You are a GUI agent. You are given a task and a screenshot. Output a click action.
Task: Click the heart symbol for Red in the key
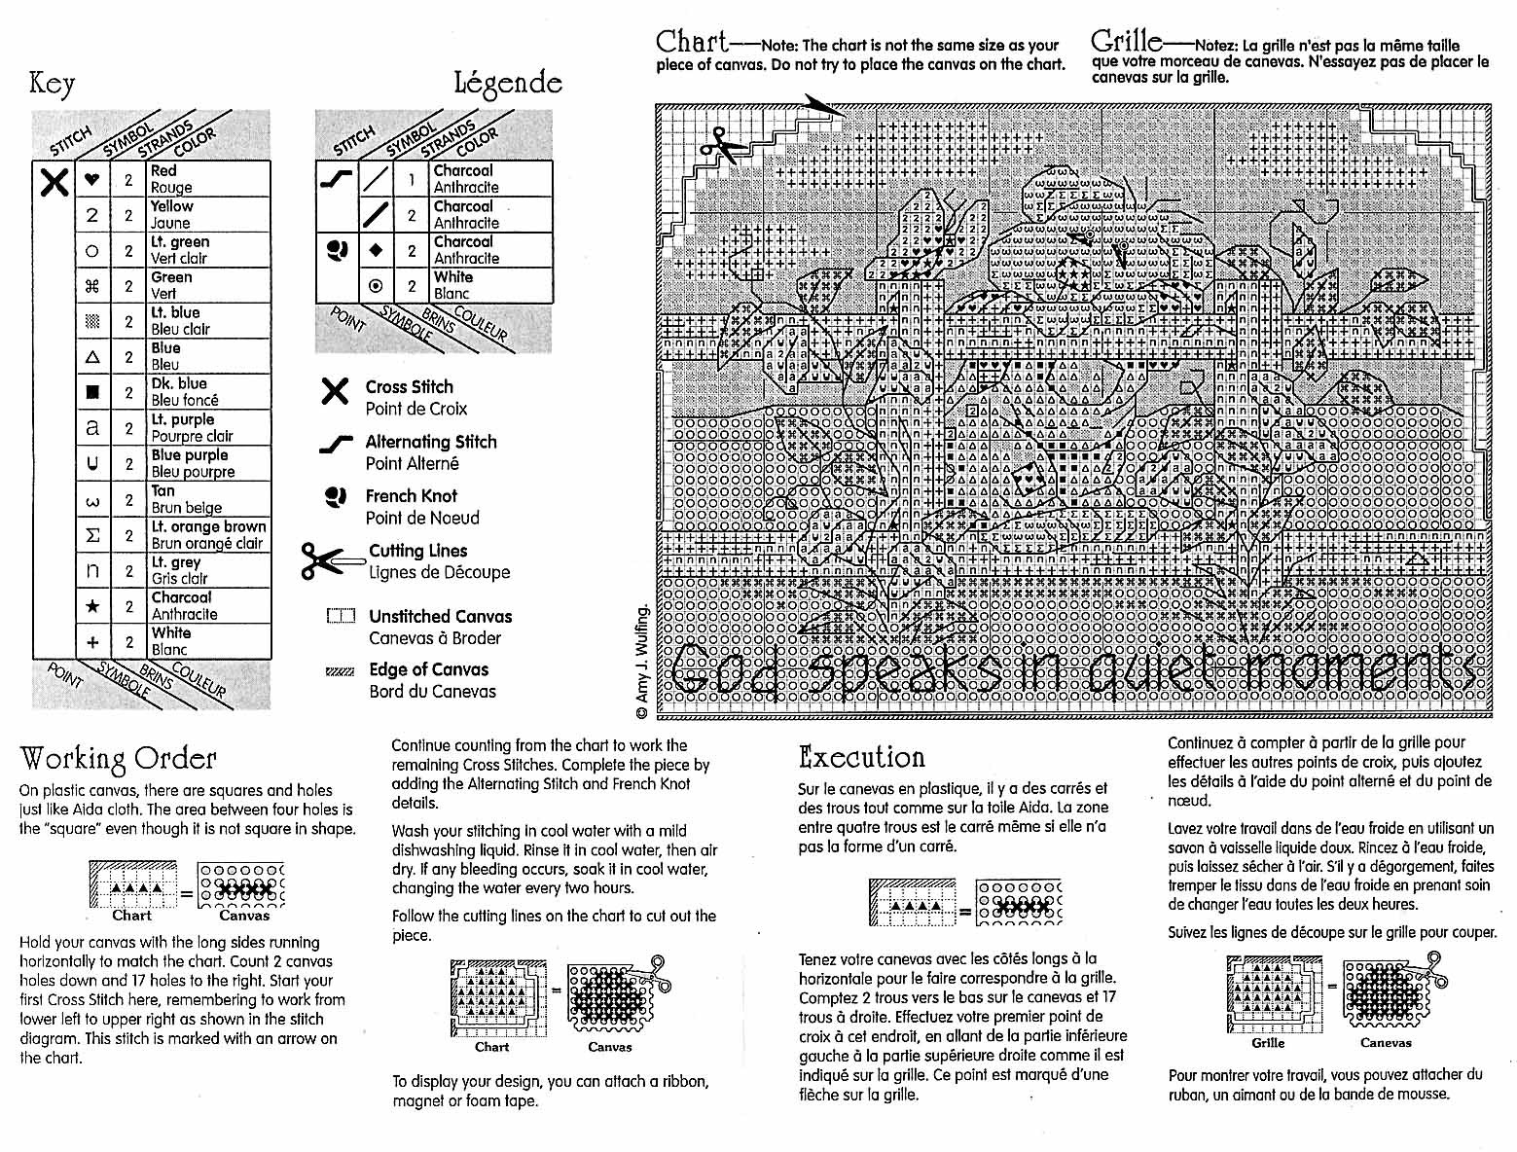92,180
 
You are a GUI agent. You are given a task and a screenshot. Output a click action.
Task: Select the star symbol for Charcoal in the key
92,606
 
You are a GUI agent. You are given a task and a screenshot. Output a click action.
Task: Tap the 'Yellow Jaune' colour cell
209,215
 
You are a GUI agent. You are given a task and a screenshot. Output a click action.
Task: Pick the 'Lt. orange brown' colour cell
209,535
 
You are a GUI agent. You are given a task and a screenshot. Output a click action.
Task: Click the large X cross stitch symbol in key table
54,182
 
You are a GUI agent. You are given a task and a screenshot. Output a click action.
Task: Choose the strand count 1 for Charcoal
412,180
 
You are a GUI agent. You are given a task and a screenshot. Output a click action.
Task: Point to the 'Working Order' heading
118,759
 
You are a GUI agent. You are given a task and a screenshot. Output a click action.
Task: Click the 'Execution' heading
861,758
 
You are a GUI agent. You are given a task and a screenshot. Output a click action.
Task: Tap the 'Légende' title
507,84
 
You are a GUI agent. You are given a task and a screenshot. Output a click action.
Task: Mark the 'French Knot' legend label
411,496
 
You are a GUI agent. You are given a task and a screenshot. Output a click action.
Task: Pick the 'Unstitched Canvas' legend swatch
341,617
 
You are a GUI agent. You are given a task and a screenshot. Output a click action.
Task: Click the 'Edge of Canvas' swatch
341,671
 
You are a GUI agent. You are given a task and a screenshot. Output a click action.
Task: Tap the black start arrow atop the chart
823,105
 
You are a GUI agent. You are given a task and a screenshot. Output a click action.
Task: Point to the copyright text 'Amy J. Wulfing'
642,662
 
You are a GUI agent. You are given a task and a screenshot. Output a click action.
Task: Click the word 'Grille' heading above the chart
1126,42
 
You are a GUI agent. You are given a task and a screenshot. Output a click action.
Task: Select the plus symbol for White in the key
92,642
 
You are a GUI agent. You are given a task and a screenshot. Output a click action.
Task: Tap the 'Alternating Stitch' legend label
430,443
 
